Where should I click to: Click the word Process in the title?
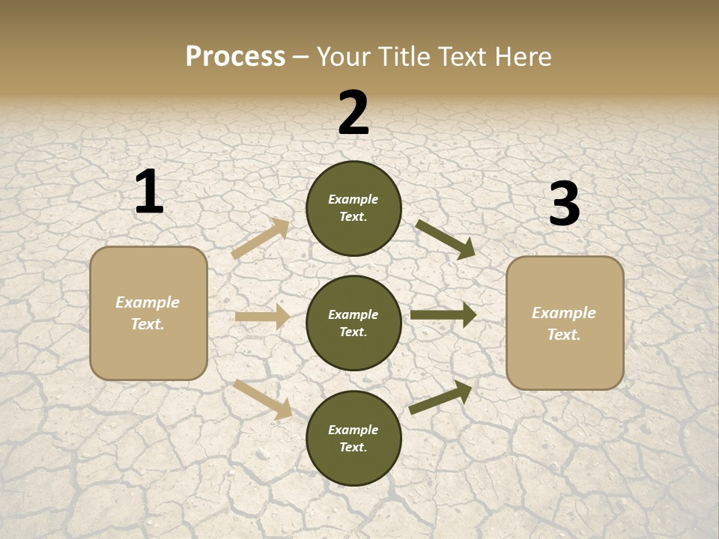[235, 57]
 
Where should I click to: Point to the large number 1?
[149, 192]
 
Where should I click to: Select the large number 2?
[354, 113]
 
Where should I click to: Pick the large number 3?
[564, 204]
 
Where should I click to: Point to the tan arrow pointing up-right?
[260, 240]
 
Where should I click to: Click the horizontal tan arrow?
[262, 317]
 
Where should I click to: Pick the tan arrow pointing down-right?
[263, 399]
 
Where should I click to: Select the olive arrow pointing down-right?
[445, 240]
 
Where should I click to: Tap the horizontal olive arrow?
[443, 315]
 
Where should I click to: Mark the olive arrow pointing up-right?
[440, 398]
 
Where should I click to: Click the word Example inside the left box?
[148, 302]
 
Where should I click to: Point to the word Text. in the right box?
[564, 335]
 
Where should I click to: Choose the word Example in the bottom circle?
[354, 430]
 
